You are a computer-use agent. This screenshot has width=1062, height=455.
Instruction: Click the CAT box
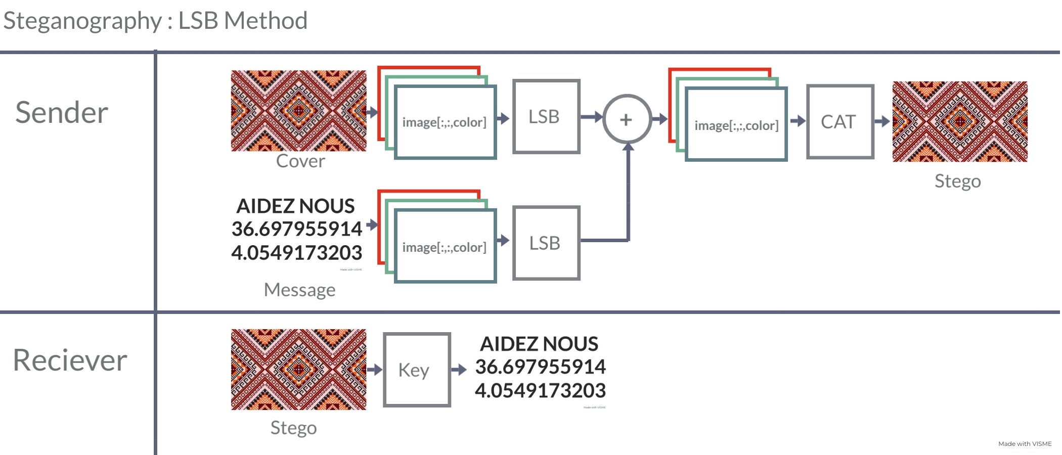[839, 122]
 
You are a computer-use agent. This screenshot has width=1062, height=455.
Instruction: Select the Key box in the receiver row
[417, 370]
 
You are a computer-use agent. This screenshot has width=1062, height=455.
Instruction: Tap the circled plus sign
[627, 119]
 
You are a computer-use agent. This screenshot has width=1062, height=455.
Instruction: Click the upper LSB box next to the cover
[546, 116]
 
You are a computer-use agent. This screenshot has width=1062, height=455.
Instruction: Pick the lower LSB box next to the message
[546, 243]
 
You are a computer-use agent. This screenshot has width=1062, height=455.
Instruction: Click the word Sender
[62, 112]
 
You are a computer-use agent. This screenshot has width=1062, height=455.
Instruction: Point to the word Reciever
[70, 360]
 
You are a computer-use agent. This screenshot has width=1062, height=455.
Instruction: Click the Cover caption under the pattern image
[300, 161]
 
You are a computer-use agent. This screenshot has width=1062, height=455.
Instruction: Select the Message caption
[299, 290]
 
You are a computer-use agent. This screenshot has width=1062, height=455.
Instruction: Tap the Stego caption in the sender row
[957, 181]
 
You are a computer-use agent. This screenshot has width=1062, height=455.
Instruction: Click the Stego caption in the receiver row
[293, 428]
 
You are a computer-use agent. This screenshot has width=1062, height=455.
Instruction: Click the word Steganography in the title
[82, 21]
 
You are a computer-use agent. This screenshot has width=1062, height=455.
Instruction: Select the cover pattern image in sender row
[298, 110]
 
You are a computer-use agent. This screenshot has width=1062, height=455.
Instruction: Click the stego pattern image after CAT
[959, 121]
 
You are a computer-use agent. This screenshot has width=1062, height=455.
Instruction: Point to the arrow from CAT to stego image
[882, 121]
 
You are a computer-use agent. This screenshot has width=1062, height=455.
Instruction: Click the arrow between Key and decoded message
[459, 370]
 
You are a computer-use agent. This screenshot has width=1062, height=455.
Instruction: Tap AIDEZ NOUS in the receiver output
[539, 344]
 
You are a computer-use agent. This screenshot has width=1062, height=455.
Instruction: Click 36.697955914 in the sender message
[297, 229]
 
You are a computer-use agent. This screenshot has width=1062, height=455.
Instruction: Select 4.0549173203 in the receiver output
[540, 391]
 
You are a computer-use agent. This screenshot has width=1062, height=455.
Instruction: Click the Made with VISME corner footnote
[1025, 444]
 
